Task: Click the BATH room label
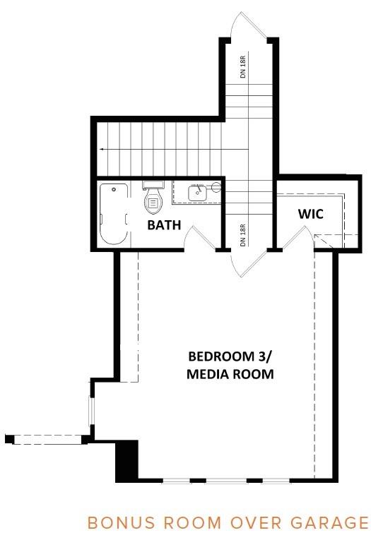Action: pos(164,225)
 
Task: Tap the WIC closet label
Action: pos(311,214)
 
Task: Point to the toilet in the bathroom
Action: pos(153,198)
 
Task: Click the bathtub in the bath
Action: pos(114,214)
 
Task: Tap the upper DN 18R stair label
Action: pos(244,66)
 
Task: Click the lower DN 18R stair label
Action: pos(243,235)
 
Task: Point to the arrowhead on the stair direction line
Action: pos(101,150)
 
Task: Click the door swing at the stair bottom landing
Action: pos(248,263)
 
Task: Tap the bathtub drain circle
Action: pos(114,189)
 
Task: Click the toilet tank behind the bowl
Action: pos(153,185)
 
